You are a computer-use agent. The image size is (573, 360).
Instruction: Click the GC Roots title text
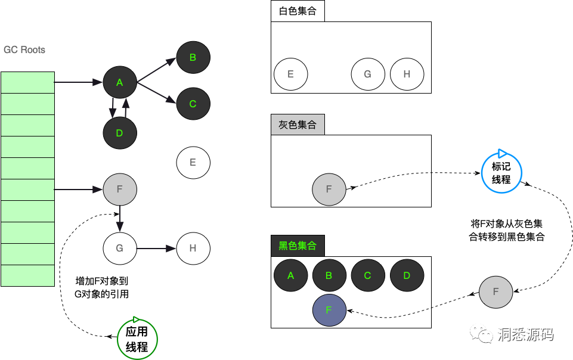pos(24,50)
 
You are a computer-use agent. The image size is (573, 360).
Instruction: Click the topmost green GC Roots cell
pos(27,82)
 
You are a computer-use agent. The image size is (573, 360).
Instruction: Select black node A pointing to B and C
pos(120,83)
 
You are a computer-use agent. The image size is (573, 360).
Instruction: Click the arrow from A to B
pos(157,69)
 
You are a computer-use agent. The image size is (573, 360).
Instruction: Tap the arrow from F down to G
pos(120,218)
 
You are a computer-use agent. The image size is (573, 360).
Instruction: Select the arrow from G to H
pos(157,248)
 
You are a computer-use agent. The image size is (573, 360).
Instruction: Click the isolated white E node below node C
pos(193,162)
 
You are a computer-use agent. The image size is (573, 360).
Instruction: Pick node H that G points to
pos(193,248)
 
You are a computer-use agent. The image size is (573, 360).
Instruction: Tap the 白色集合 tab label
pos(298,11)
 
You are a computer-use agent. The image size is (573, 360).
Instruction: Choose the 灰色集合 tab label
pos(298,125)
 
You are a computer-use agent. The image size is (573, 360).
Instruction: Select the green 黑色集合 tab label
pos(298,246)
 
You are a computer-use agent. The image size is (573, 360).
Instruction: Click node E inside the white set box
pos(290,75)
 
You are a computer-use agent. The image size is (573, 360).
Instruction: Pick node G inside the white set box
pos(367,75)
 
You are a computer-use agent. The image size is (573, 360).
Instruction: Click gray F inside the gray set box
pos(329,190)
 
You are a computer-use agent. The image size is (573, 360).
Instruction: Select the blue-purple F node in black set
pos(329,310)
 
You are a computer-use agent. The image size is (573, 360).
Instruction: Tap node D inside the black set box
pos(407,275)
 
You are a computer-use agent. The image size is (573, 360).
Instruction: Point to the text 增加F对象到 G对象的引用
pos(102,287)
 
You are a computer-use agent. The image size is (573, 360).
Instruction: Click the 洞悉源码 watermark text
pos(525,335)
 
